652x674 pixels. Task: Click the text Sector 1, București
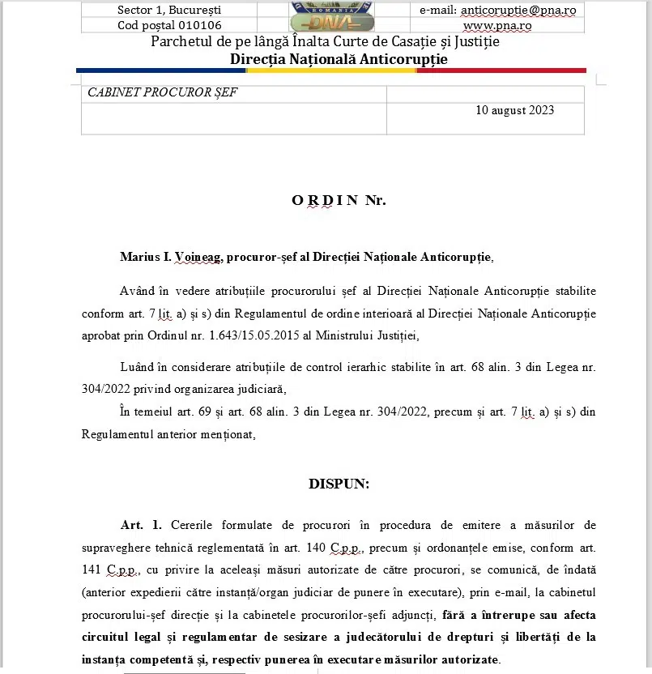click(x=169, y=11)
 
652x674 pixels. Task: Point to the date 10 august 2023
click(x=515, y=110)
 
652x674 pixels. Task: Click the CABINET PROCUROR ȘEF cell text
click(x=162, y=92)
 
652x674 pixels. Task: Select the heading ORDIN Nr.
click(x=339, y=200)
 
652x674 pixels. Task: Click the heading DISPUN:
click(x=339, y=484)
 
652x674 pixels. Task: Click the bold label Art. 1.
click(x=141, y=526)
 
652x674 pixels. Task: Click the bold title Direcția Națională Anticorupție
click(x=339, y=59)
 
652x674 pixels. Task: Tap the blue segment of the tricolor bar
click(x=161, y=70)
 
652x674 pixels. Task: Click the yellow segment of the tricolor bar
click(x=331, y=70)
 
